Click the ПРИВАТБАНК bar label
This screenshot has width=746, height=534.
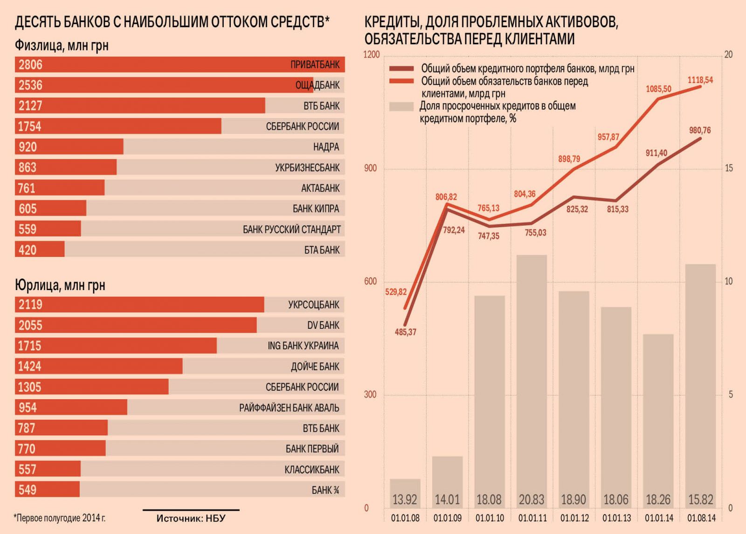coord(315,65)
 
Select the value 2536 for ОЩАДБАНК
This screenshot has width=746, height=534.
coord(30,85)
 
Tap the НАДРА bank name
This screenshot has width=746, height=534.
coord(326,147)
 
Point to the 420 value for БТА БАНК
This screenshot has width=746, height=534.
coord(28,250)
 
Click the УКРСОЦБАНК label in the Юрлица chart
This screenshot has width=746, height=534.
coord(313,305)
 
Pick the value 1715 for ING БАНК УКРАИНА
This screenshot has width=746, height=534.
coord(29,346)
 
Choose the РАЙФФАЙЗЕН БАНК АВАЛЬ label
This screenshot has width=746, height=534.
coord(289,408)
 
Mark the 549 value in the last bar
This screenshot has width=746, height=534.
coord(28,490)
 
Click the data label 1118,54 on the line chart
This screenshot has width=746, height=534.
coord(700,80)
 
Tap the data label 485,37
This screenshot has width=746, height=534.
coord(405,333)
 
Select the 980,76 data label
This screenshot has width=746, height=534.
coord(699,131)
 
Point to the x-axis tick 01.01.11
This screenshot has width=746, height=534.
coord(532,518)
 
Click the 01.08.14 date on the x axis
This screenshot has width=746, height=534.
coord(701,518)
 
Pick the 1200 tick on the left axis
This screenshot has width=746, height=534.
coord(372,55)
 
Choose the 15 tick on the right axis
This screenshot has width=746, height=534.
coord(728,168)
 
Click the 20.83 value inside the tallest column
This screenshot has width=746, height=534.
coord(532,500)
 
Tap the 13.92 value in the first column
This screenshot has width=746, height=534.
coord(405,500)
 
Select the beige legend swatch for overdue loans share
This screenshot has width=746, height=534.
coord(401,106)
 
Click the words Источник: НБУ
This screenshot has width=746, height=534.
coord(191,518)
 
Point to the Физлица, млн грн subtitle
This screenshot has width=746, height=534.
coord(62,45)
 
